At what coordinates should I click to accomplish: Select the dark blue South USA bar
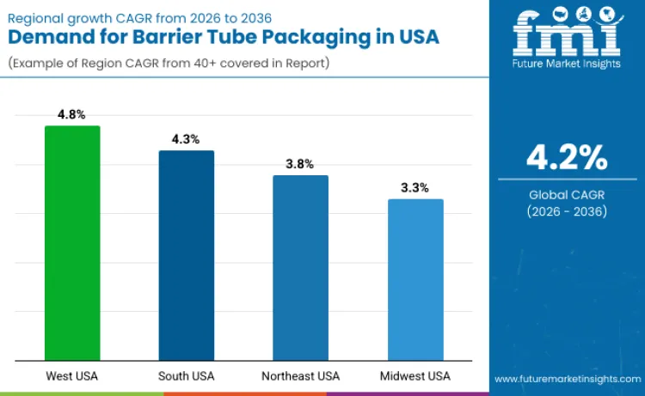click(187, 255)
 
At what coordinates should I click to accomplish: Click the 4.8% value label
click(72, 114)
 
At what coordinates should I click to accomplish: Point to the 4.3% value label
click(187, 139)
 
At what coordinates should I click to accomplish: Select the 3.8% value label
click(300, 163)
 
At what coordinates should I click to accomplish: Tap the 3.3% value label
click(415, 187)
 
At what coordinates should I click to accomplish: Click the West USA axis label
click(72, 376)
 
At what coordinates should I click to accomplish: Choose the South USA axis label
click(187, 376)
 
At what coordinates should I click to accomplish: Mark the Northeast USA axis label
click(300, 376)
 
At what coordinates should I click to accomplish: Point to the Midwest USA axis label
click(415, 376)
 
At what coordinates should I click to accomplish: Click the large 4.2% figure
click(567, 158)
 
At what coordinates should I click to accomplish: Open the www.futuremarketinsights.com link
click(567, 378)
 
